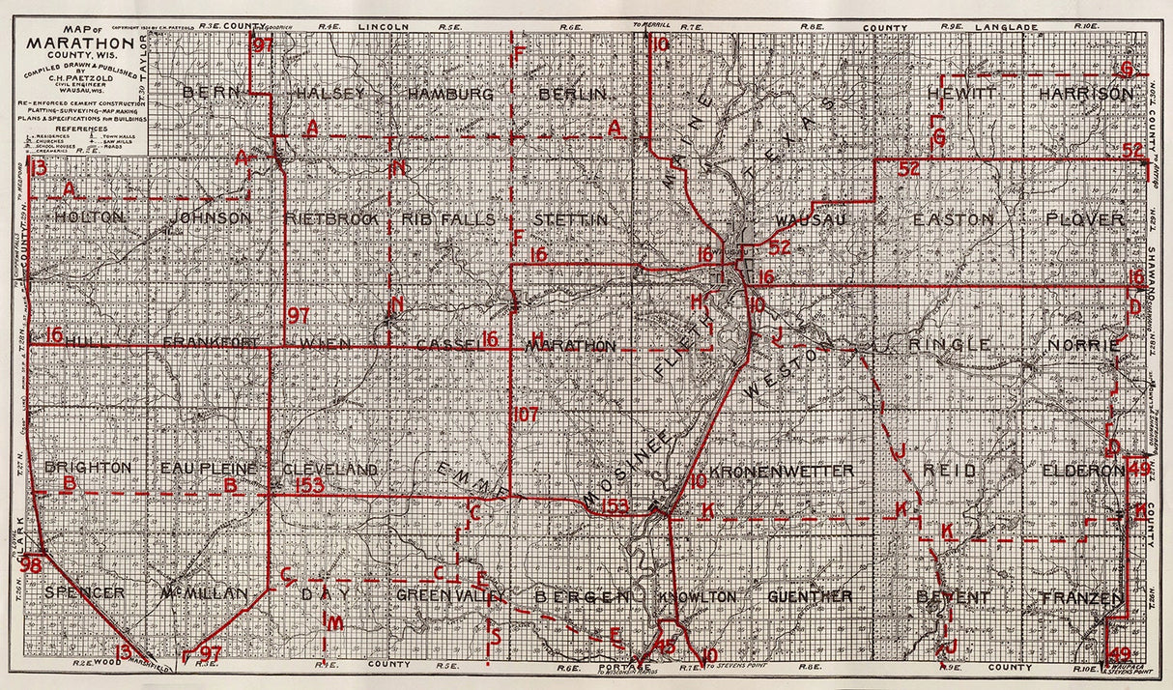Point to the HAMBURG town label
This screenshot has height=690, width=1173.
point(450,94)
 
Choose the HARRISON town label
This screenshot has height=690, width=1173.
point(1086,94)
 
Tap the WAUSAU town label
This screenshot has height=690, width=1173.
point(810,220)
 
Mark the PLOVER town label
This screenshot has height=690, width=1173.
point(1085,220)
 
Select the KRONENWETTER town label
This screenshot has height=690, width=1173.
point(782,471)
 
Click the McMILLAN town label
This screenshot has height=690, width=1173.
point(205,593)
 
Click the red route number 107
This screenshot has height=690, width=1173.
point(525,414)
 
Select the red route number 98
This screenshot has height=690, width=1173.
point(31,564)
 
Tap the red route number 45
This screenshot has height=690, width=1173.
point(666,646)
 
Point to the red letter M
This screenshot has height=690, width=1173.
point(333,623)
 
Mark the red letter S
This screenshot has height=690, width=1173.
point(495,635)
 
